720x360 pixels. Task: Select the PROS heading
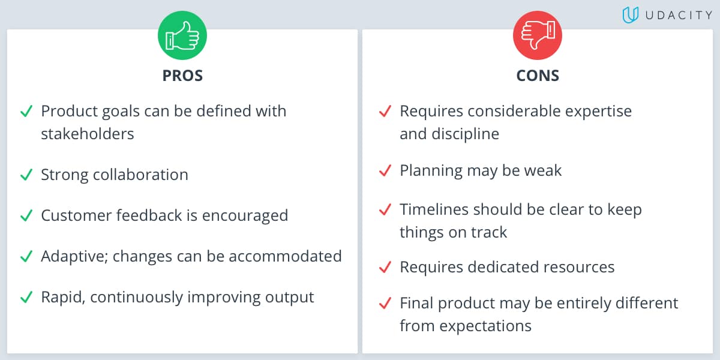182,76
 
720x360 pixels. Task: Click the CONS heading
538,76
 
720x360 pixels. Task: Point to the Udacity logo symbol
630,15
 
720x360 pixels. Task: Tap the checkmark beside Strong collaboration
26,175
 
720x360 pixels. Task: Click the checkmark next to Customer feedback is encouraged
26,215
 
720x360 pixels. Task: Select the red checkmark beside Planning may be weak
385,170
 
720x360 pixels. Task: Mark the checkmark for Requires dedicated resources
385,267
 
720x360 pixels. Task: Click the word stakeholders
88,133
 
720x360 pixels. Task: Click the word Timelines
433,209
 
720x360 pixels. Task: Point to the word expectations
487,326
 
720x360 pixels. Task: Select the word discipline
465,133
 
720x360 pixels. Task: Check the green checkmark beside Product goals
26,111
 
